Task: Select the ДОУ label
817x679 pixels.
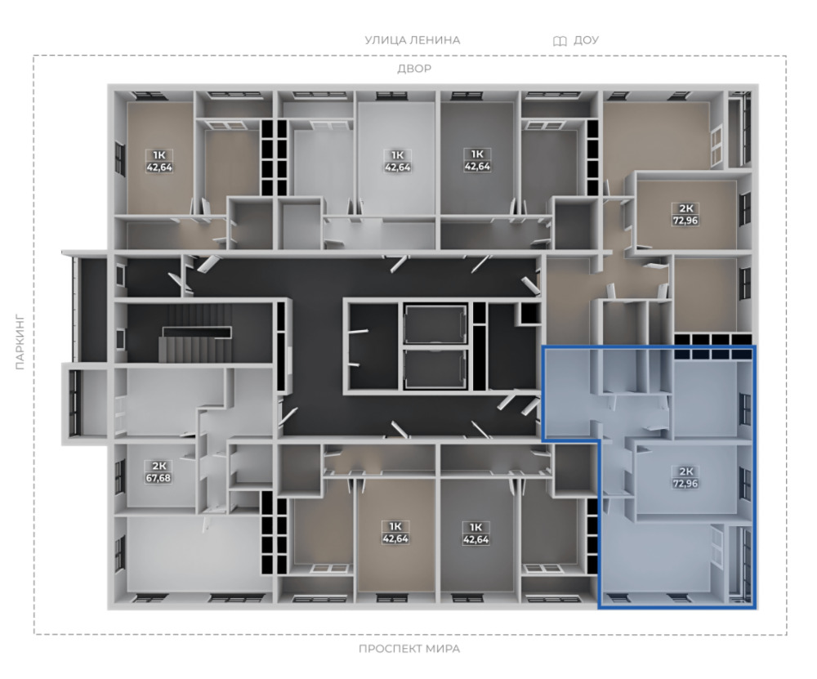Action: [x=586, y=40]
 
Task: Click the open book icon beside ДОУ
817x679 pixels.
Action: [x=560, y=41]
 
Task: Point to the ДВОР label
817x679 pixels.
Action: [x=414, y=69]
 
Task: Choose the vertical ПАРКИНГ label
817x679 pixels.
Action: [x=20, y=342]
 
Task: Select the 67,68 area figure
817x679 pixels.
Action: [x=158, y=478]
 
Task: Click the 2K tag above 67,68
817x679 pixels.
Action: [x=158, y=466]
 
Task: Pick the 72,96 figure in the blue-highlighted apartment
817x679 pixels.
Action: [x=685, y=483]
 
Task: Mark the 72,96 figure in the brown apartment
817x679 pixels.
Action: [x=685, y=221]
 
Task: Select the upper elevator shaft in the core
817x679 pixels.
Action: [x=435, y=324]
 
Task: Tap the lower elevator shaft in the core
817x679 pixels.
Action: [x=435, y=369]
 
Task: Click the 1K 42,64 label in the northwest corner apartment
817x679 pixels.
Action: [x=159, y=161]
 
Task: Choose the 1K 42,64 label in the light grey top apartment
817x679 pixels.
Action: [x=397, y=161]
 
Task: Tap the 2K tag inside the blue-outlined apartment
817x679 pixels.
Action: [x=685, y=471]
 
